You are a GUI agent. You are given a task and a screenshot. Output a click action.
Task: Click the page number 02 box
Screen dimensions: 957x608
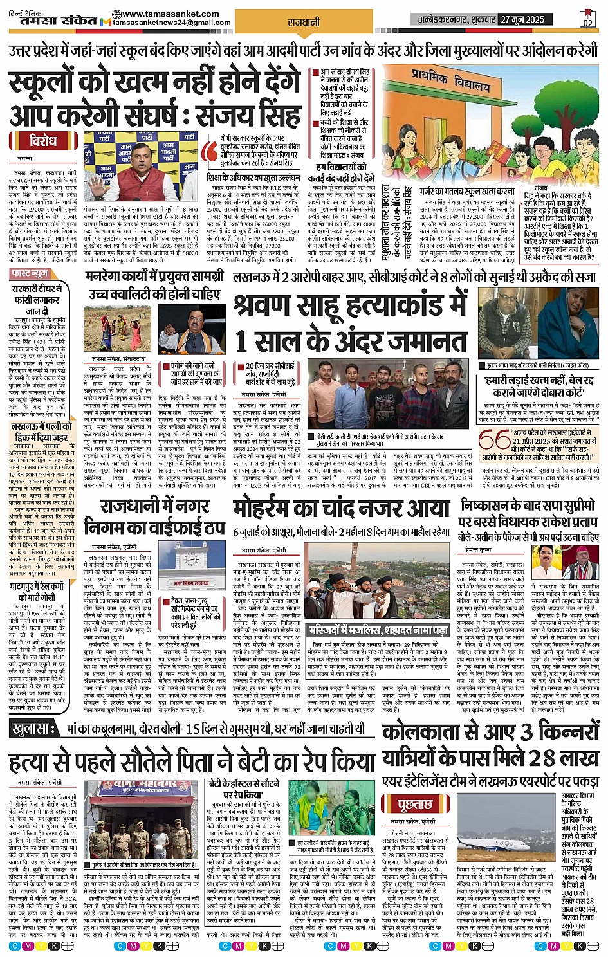(587, 19)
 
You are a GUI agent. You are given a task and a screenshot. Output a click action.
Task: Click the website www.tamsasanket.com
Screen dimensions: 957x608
(165, 14)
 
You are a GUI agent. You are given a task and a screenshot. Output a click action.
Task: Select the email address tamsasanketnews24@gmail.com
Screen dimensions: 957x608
(172, 23)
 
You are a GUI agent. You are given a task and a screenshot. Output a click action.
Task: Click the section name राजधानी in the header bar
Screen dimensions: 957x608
(304, 21)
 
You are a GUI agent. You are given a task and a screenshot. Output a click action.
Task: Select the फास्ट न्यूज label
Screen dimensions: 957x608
(30, 274)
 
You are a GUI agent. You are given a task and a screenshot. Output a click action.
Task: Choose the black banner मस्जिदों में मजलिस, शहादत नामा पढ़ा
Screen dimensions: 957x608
(378, 630)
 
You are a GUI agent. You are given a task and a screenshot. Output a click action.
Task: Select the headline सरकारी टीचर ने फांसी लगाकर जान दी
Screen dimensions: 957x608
(37, 299)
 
